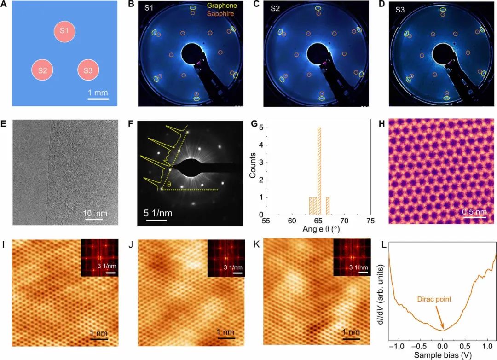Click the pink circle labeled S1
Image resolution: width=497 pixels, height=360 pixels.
click(64, 31)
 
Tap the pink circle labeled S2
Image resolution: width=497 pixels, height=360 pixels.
click(42, 70)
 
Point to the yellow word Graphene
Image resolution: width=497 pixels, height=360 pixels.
click(220, 6)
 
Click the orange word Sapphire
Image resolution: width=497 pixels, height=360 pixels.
click(220, 14)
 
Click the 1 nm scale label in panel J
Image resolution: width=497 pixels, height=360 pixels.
click(226, 332)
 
